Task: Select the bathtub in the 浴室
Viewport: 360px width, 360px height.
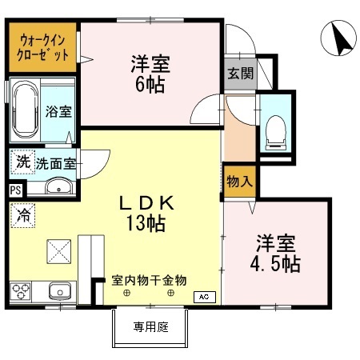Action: coord(23,110)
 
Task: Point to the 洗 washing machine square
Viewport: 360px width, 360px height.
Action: coord(23,162)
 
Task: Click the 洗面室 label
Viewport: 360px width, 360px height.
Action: coord(56,163)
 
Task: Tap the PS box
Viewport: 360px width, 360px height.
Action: coord(15,190)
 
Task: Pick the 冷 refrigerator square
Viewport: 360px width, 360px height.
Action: coord(24,214)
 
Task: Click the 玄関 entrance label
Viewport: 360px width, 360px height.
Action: coord(239,74)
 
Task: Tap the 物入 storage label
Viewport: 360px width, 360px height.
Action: coord(238,181)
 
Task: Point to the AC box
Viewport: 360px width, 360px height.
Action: coord(205,296)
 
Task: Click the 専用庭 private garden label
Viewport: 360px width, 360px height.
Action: coord(150,326)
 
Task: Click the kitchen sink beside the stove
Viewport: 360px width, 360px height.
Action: coord(57,290)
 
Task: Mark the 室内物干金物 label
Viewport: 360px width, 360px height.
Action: coord(149,280)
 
